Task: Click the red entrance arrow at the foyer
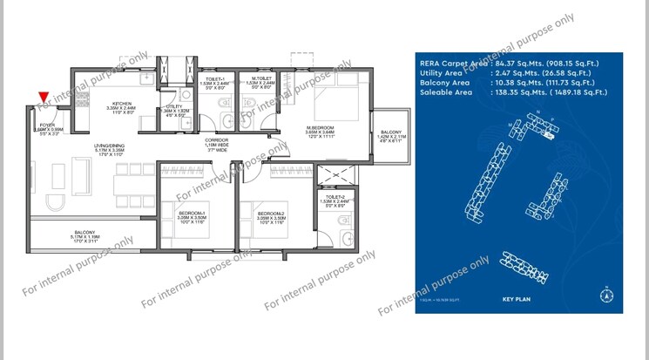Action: click(44, 98)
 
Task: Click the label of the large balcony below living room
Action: click(85, 232)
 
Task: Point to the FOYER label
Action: click(47, 125)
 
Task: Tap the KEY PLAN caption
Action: click(517, 300)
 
